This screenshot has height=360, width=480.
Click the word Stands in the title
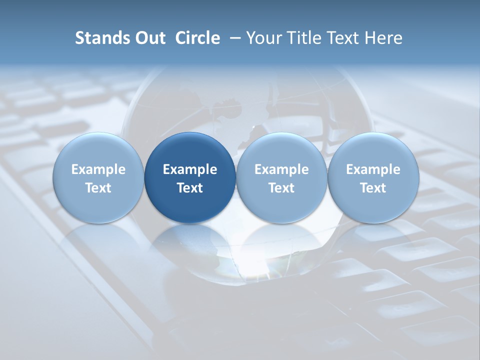(100, 38)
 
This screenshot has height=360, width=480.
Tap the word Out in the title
(149, 38)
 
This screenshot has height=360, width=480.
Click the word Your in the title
(264, 38)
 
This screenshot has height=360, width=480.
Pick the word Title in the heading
(302, 38)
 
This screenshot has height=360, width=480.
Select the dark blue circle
(190, 177)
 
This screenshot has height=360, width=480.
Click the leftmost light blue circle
(98, 177)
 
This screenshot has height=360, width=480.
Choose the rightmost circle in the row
(373, 177)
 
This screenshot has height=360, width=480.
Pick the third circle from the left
(281, 177)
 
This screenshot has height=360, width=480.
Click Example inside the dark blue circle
(190, 169)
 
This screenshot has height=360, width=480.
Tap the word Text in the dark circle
(190, 188)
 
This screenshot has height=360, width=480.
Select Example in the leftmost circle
(98, 169)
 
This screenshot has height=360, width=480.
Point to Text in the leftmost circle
(98, 188)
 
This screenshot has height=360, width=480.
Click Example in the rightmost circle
(373, 169)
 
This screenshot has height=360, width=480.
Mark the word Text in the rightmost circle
(373, 188)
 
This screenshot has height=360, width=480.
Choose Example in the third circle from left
(281, 169)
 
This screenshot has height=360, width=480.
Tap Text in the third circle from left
(281, 188)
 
